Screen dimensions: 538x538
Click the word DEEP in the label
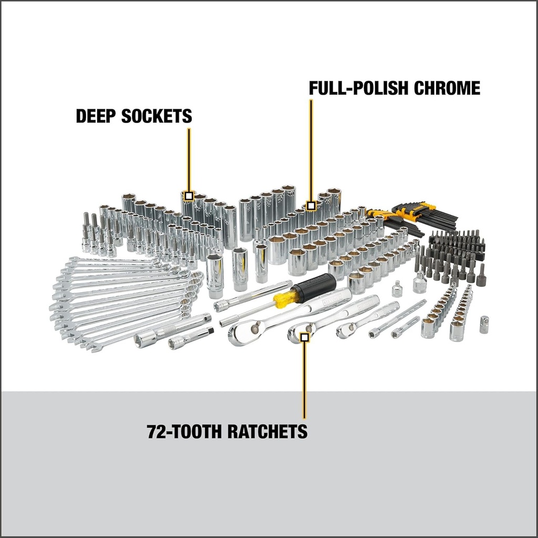tap(96, 116)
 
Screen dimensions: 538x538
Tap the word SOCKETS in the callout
tap(157, 116)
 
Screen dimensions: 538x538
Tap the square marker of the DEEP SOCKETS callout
tap(189, 196)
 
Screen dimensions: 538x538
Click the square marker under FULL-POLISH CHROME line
tap(311, 205)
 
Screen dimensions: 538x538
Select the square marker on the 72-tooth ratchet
tap(304, 337)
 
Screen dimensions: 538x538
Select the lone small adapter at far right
tap(483, 325)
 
